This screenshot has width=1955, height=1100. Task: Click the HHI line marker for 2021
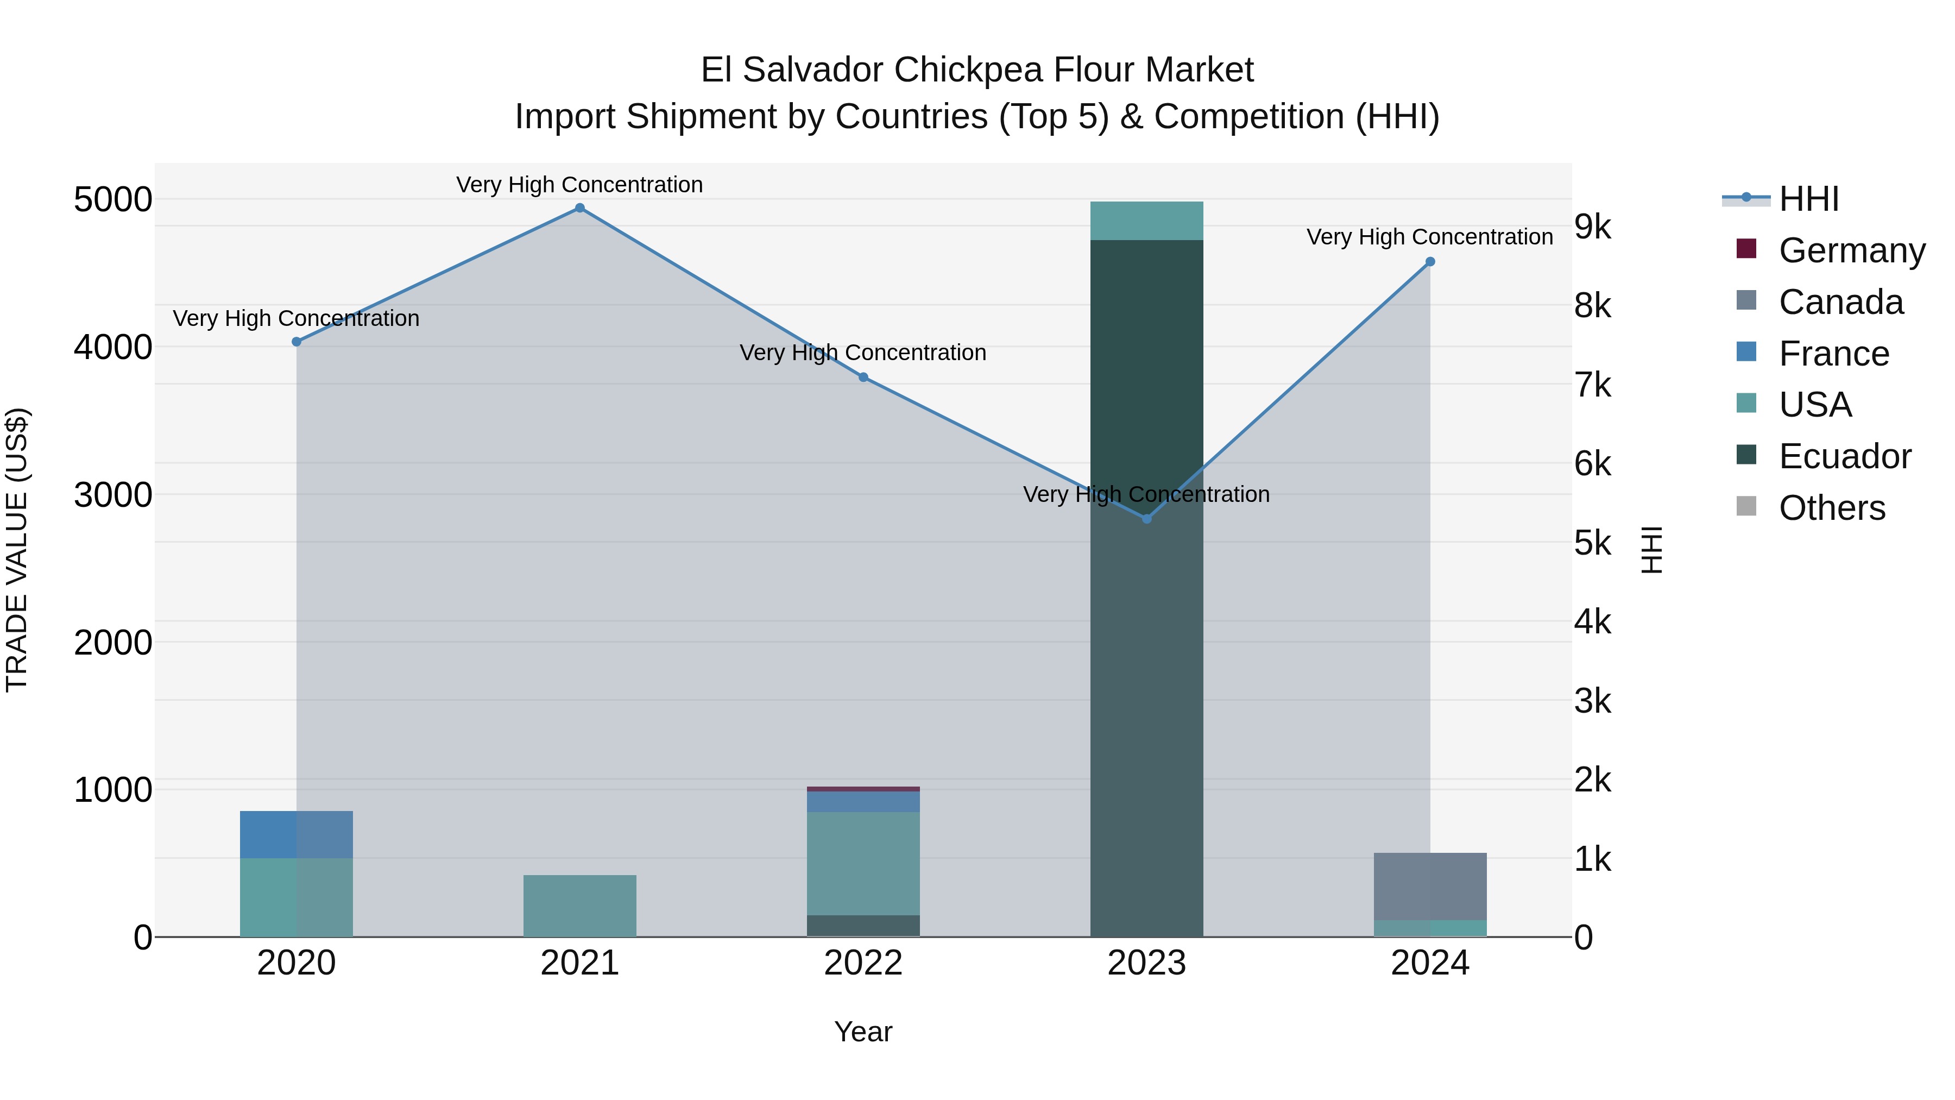(580, 208)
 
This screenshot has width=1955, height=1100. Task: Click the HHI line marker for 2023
(1147, 519)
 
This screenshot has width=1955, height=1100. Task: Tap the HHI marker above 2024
(1430, 262)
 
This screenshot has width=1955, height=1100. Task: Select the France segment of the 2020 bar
(296, 834)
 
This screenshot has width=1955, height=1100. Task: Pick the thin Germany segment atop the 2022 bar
(863, 789)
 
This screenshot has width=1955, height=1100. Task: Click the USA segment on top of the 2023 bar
(1147, 221)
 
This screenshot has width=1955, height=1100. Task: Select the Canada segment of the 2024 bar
(1430, 886)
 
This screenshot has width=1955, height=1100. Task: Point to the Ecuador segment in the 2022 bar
(863, 926)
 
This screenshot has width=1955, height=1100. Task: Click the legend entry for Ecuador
(1844, 456)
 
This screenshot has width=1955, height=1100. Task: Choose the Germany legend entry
(1851, 250)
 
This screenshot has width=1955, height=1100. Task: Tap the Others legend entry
(1831, 508)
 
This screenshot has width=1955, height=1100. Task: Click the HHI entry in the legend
(1808, 199)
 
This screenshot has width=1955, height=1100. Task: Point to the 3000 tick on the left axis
(113, 495)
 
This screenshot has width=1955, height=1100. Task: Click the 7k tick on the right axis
(1592, 385)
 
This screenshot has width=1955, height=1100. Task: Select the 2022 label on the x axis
(863, 963)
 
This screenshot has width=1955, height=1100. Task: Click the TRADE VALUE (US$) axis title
(17, 550)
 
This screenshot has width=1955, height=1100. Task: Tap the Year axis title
(863, 1032)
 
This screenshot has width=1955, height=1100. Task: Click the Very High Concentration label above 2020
(296, 318)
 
